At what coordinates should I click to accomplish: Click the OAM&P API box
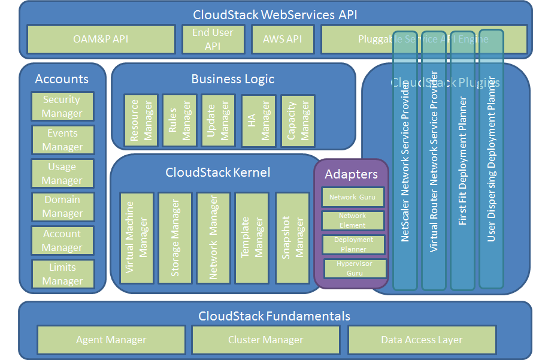click(x=101, y=39)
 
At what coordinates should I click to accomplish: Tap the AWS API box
click(x=282, y=39)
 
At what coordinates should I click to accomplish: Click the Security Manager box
click(x=62, y=107)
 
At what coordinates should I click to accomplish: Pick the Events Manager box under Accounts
click(x=62, y=140)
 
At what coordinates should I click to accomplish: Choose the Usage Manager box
click(x=62, y=174)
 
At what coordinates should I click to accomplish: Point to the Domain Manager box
click(x=62, y=207)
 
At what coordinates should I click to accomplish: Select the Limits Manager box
click(x=62, y=274)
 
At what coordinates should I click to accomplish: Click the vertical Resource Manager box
click(x=141, y=120)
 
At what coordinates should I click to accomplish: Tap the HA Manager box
click(x=258, y=120)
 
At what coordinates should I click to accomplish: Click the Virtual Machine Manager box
click(x=137, y=238)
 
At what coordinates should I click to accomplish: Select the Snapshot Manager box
click(x=292, y=238)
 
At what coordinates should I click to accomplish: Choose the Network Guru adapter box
click(x=352, y=197)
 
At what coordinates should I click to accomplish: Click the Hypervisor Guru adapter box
click(x=355, y=268)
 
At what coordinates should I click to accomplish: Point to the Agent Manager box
click(x=111, y=340)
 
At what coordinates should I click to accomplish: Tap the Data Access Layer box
click(x=422, y=340)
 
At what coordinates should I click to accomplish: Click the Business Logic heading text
click(x=233, y=79)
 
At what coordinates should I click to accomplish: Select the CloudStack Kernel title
click(x=218, y=173)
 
